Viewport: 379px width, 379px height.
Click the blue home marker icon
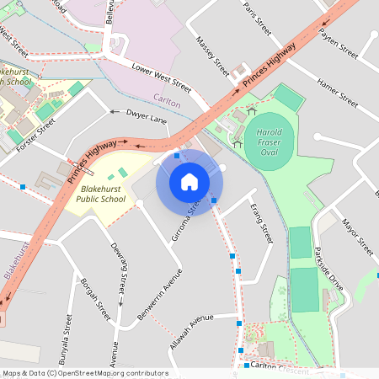coord(189,182)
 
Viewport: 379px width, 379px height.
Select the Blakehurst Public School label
coord(100,194)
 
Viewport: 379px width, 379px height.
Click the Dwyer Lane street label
coord(146,115)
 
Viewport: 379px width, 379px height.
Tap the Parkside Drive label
coord(328,270)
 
